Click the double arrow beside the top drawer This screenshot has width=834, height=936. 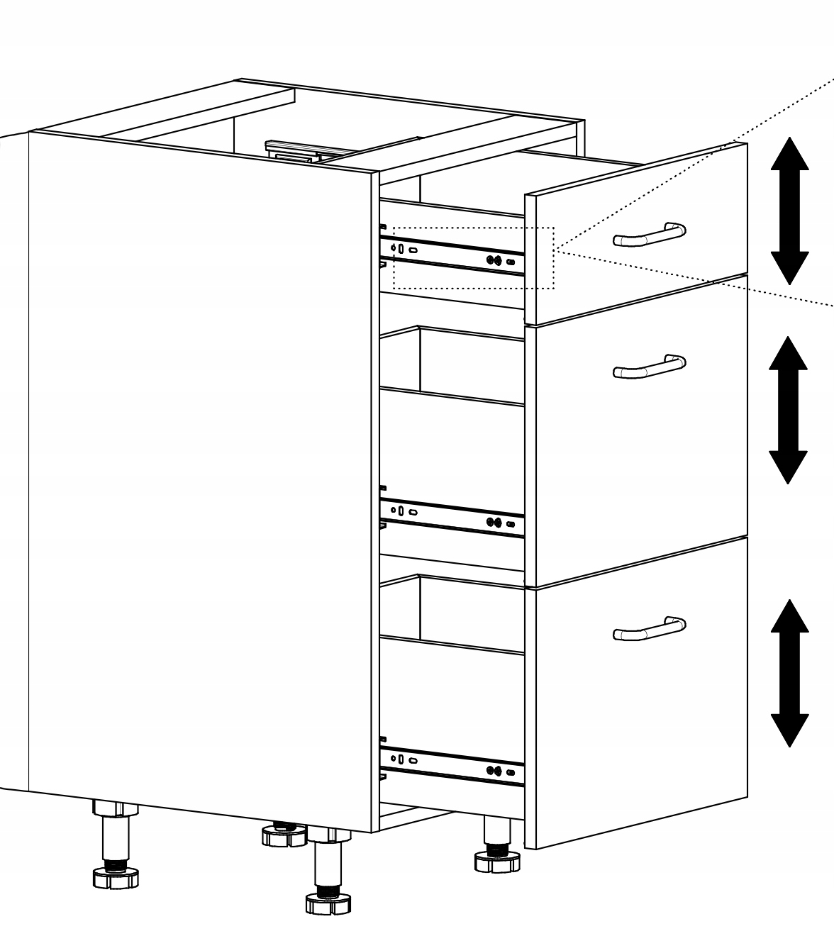[x=789, y=211]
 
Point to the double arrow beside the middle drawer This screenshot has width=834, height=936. [x=788, y=409]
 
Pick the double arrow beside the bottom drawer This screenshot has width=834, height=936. [x=789, y=673]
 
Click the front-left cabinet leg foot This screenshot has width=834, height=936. [x=115, y=877]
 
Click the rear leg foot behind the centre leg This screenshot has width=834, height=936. [x=283, y=836]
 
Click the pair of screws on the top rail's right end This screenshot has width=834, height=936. [x=494, y=260]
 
